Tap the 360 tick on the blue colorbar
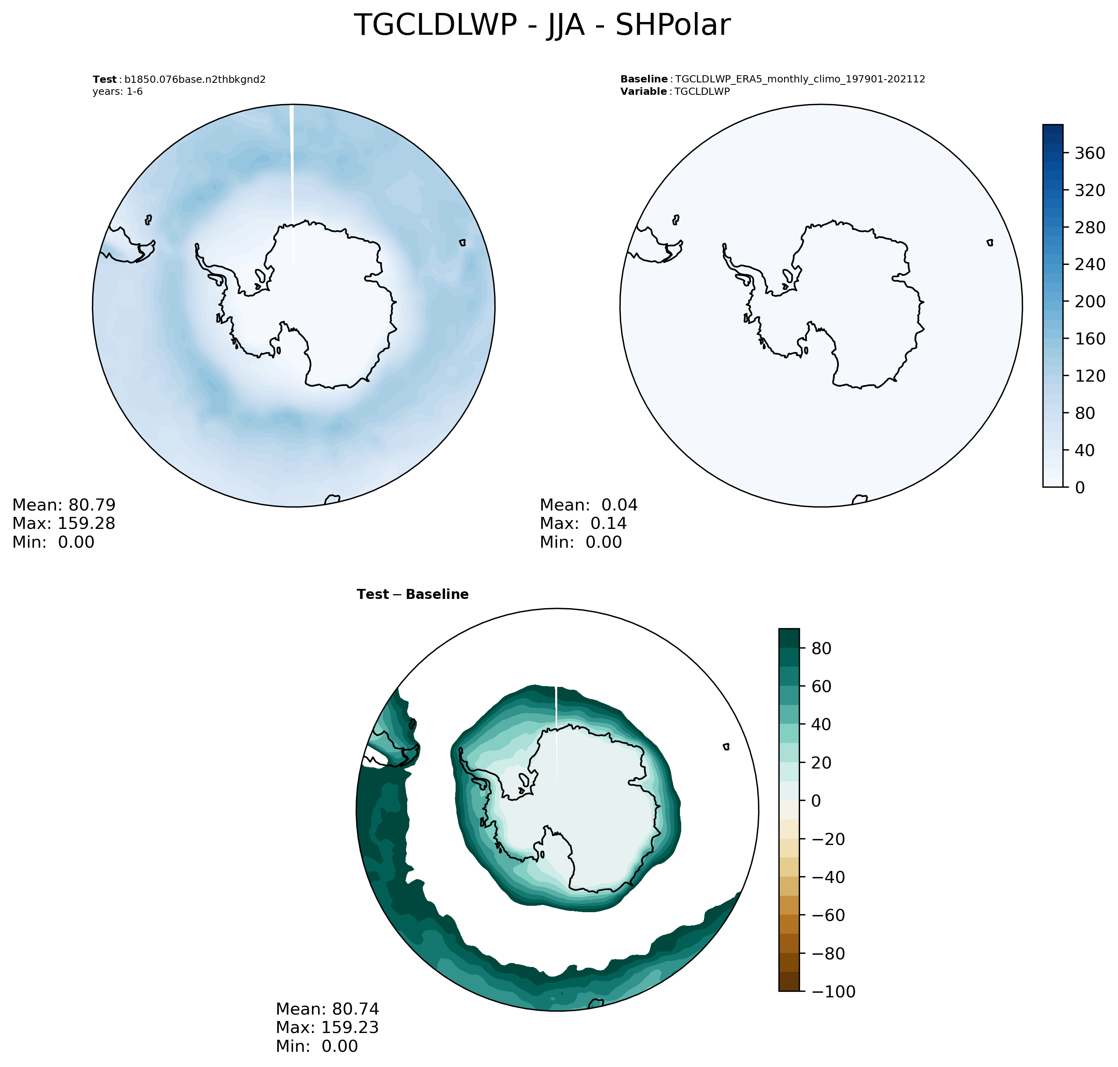(x=1089, y=153)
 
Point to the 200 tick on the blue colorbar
(x=1089, y=301)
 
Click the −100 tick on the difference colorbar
(x=833, y=992)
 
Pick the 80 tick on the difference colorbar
(x=821, y=649)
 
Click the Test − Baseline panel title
(x=412, y=595)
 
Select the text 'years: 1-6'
(x=118, y=92)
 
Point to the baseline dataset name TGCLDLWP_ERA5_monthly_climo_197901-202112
(x=800, y=79)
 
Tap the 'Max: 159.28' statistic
(x=64, y=523)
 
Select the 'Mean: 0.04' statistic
(x=588, y=505)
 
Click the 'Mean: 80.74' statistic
(x=327, y=1009)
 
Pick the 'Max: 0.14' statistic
(x=583, y=523)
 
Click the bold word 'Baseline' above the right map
(x=644, y=79)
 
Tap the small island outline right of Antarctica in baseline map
(x=990, y=243)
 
